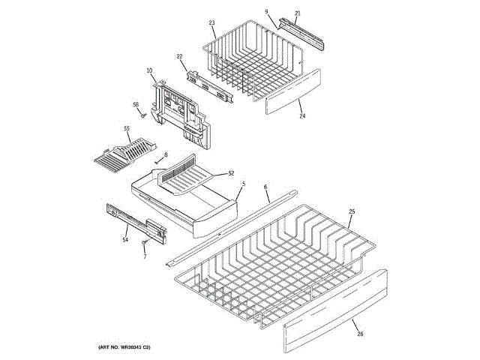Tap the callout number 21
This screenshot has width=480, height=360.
297,13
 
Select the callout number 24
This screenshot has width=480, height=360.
302,116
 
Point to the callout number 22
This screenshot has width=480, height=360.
180,57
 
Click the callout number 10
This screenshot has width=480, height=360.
150,71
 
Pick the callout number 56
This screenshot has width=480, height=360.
136,104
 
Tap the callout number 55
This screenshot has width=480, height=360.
127,129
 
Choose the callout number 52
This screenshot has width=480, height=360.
231,173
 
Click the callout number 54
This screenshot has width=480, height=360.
126,240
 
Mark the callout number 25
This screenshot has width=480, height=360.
352,213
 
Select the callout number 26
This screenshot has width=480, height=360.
358,334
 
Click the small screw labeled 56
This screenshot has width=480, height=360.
141,115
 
